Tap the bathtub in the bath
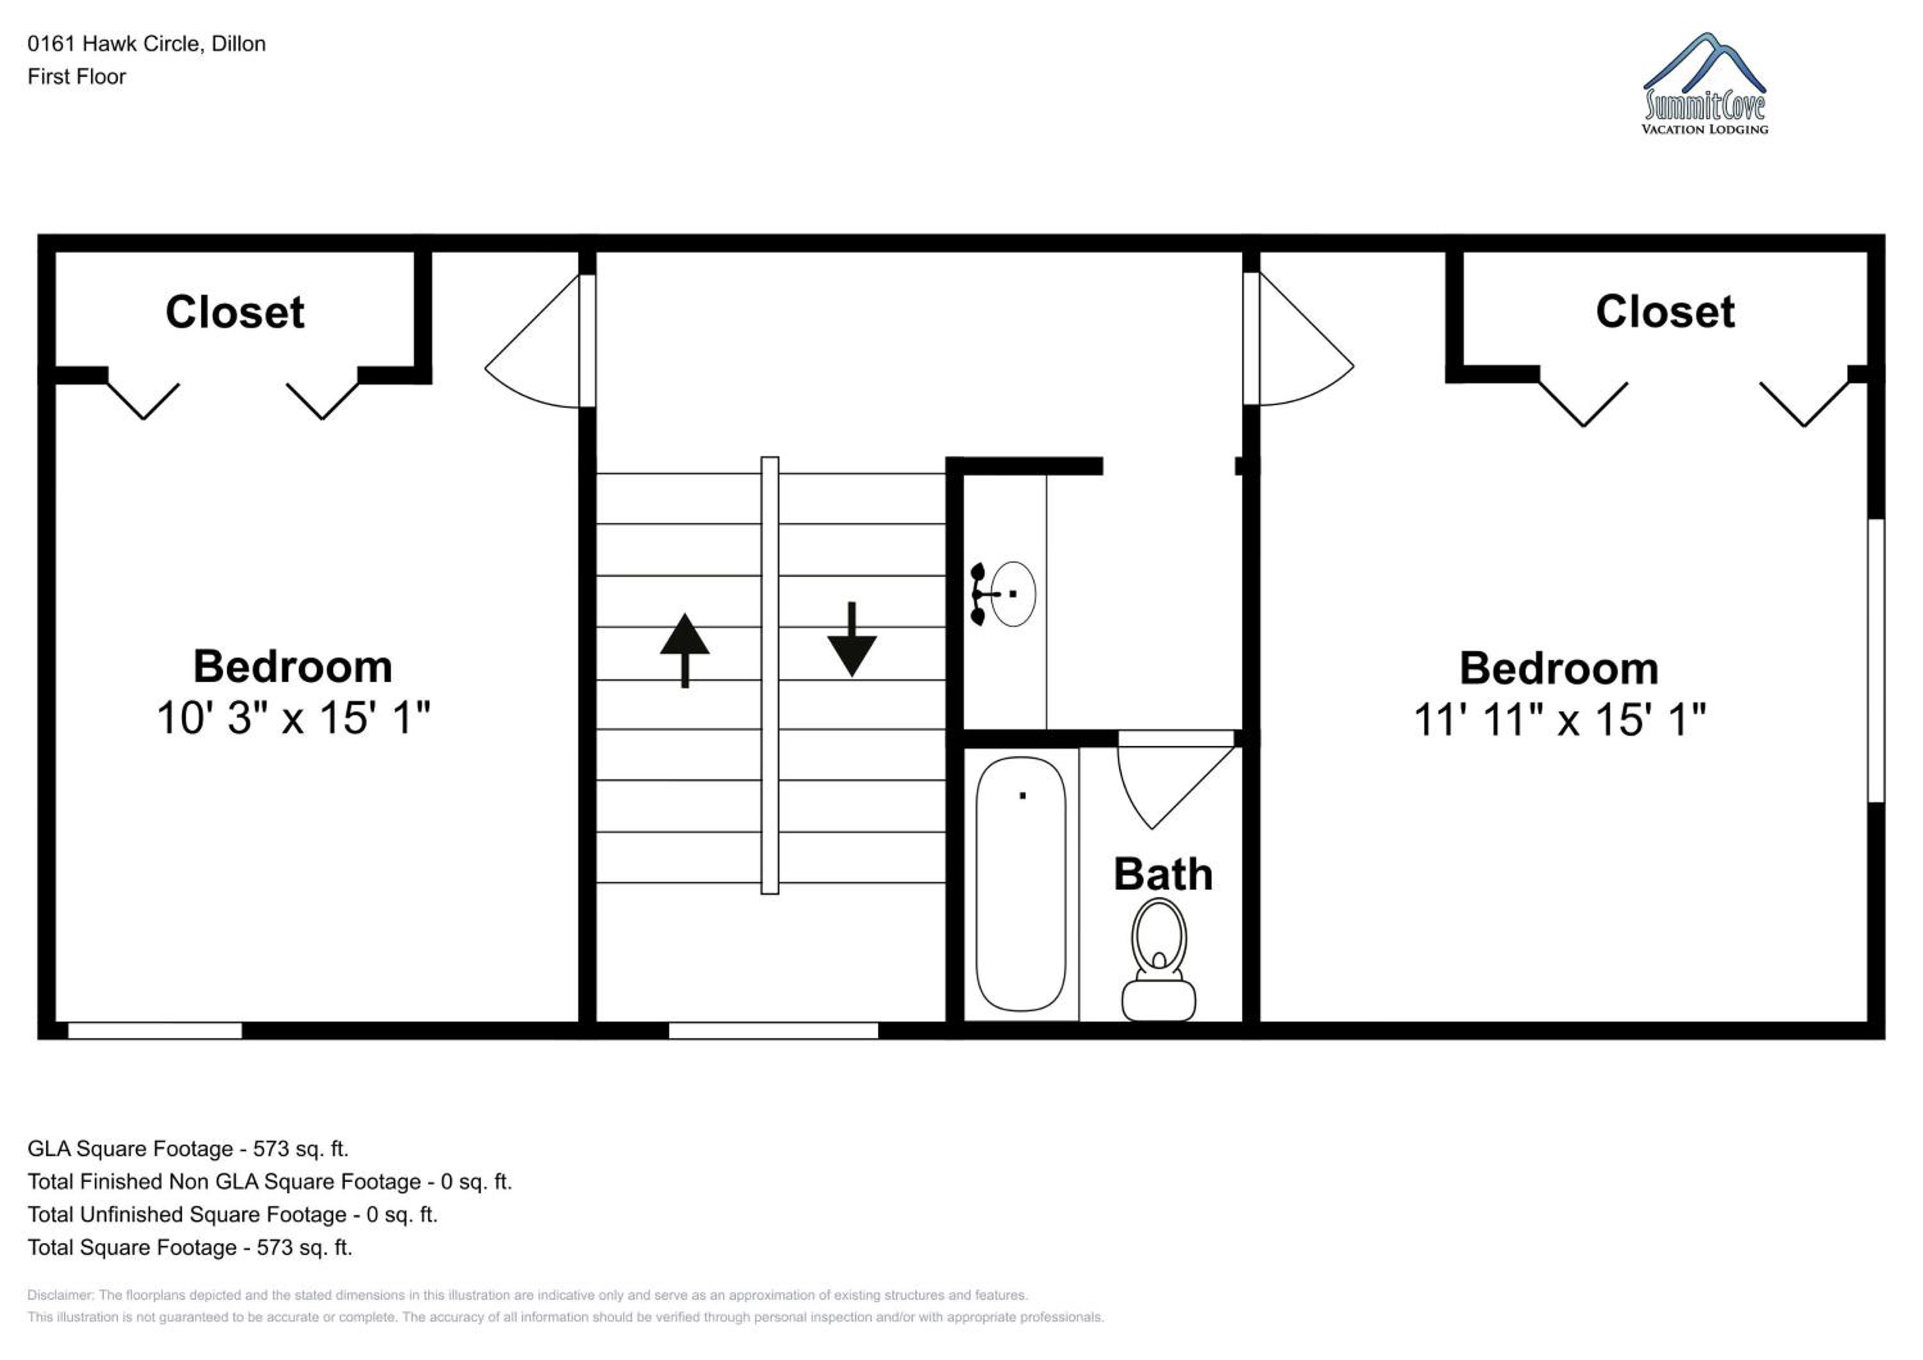click(x=1021, y=884)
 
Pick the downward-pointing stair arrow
click(x=852, y=639)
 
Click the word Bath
click(x=1163, y=874)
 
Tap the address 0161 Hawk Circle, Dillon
click(x=147, y=44)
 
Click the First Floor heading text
click(x=76, y=76)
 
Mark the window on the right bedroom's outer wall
click(x=1877, y=661)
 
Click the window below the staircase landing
click(x=773, y=1031)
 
